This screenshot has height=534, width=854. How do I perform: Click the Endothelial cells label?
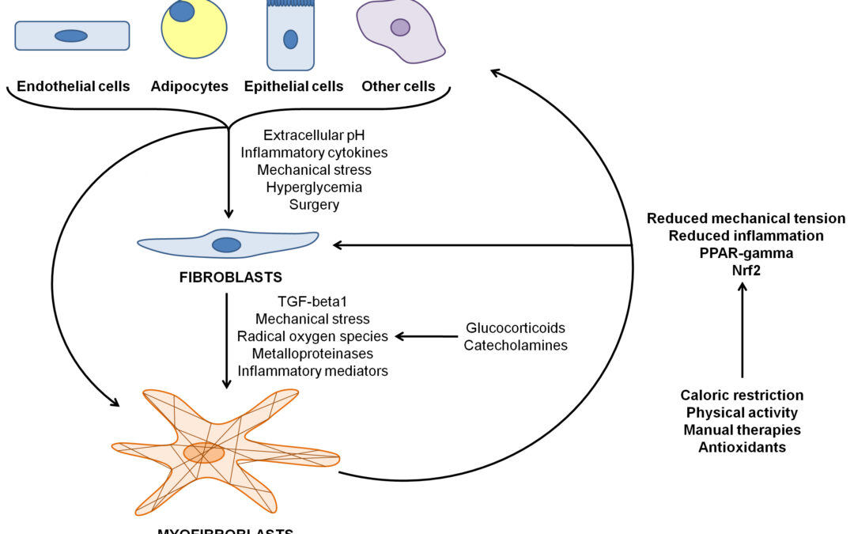click(x=73, y=86)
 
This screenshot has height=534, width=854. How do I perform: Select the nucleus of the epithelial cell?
click(x=291, y=39)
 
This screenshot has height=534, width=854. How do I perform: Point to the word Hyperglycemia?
click(x=314, y=187)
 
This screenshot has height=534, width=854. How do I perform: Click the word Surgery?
click(x=314, y=205)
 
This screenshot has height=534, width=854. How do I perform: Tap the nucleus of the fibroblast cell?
click(x=226, y=244)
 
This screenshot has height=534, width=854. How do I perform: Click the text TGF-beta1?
click(x=313, y=301)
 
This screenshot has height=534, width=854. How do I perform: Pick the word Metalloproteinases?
click(x=313, y=354)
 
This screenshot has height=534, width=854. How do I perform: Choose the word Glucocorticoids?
click(x=516, y=328)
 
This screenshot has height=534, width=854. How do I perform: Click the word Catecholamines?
click(x=516, y=345)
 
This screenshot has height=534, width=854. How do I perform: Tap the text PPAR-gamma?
click(x=746, y=253)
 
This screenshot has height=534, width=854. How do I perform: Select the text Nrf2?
click(x=746, y=271)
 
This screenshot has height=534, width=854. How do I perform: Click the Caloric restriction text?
click(x=742, y=395)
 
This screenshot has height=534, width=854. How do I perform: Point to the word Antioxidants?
click(x=742, y=447)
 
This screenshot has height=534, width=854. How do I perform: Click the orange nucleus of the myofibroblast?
click(x=204, y=453)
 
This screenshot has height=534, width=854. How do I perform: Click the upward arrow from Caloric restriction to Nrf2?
click(x=742, y=332)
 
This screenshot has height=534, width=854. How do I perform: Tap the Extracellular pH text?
click(x=314, y=135)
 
